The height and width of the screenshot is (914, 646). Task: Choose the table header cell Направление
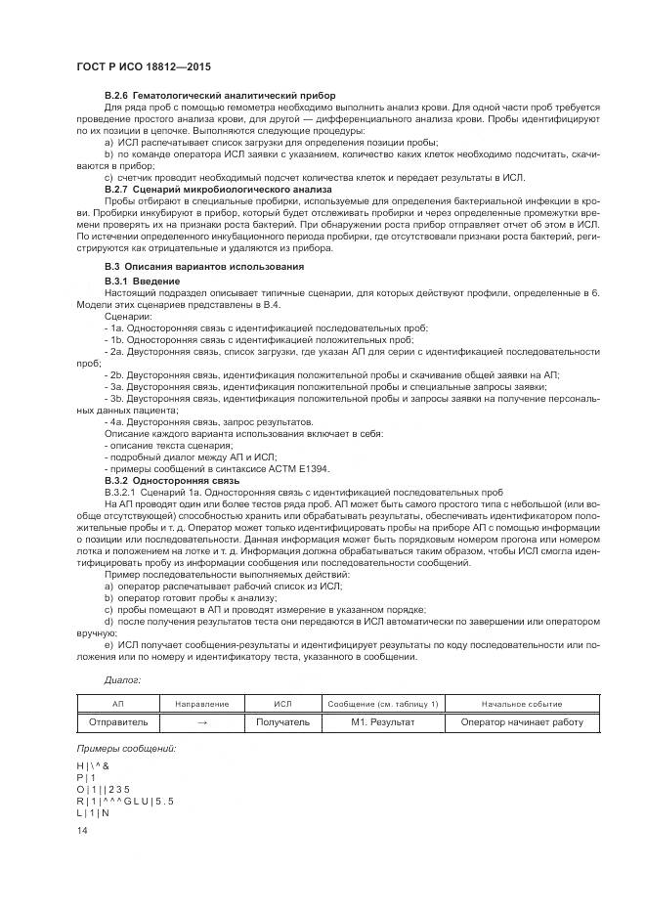click(201, 704)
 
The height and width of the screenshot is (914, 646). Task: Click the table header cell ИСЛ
click(282, 704)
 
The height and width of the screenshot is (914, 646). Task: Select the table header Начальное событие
click(522, 704)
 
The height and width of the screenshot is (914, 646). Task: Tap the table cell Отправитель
click(119, 722)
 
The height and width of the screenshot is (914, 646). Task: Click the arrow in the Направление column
click(201, 722)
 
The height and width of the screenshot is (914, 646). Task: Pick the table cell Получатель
click(282, 722)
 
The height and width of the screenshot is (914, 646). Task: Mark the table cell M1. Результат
click(383, 722)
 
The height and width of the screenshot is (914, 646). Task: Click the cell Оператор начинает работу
click(522, 722)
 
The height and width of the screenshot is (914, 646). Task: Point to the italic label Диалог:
click(122, 677)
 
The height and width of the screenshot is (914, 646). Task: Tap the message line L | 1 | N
click(93, 813)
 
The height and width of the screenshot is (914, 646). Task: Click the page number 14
click(82, 830)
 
